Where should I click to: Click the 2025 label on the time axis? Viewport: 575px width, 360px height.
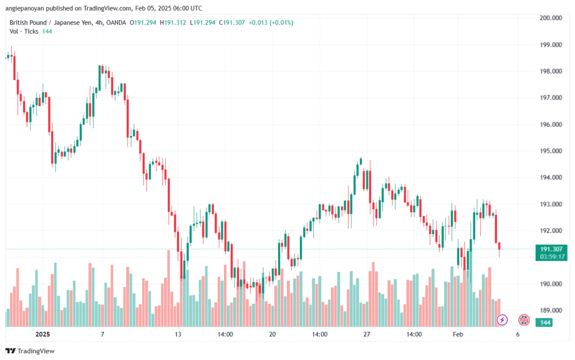(x=43, y=334)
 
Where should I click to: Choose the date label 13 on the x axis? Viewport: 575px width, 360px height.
(x=178, y=334)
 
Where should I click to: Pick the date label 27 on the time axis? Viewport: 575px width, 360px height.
(x=367, y=334)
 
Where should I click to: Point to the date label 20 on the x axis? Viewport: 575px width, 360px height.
(x=273, y=334)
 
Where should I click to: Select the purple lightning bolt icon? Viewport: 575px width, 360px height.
(x=503, y=320)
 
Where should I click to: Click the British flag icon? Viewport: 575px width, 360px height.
(x=523, y=320)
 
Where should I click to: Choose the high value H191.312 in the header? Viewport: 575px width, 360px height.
(x=173, y=22)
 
